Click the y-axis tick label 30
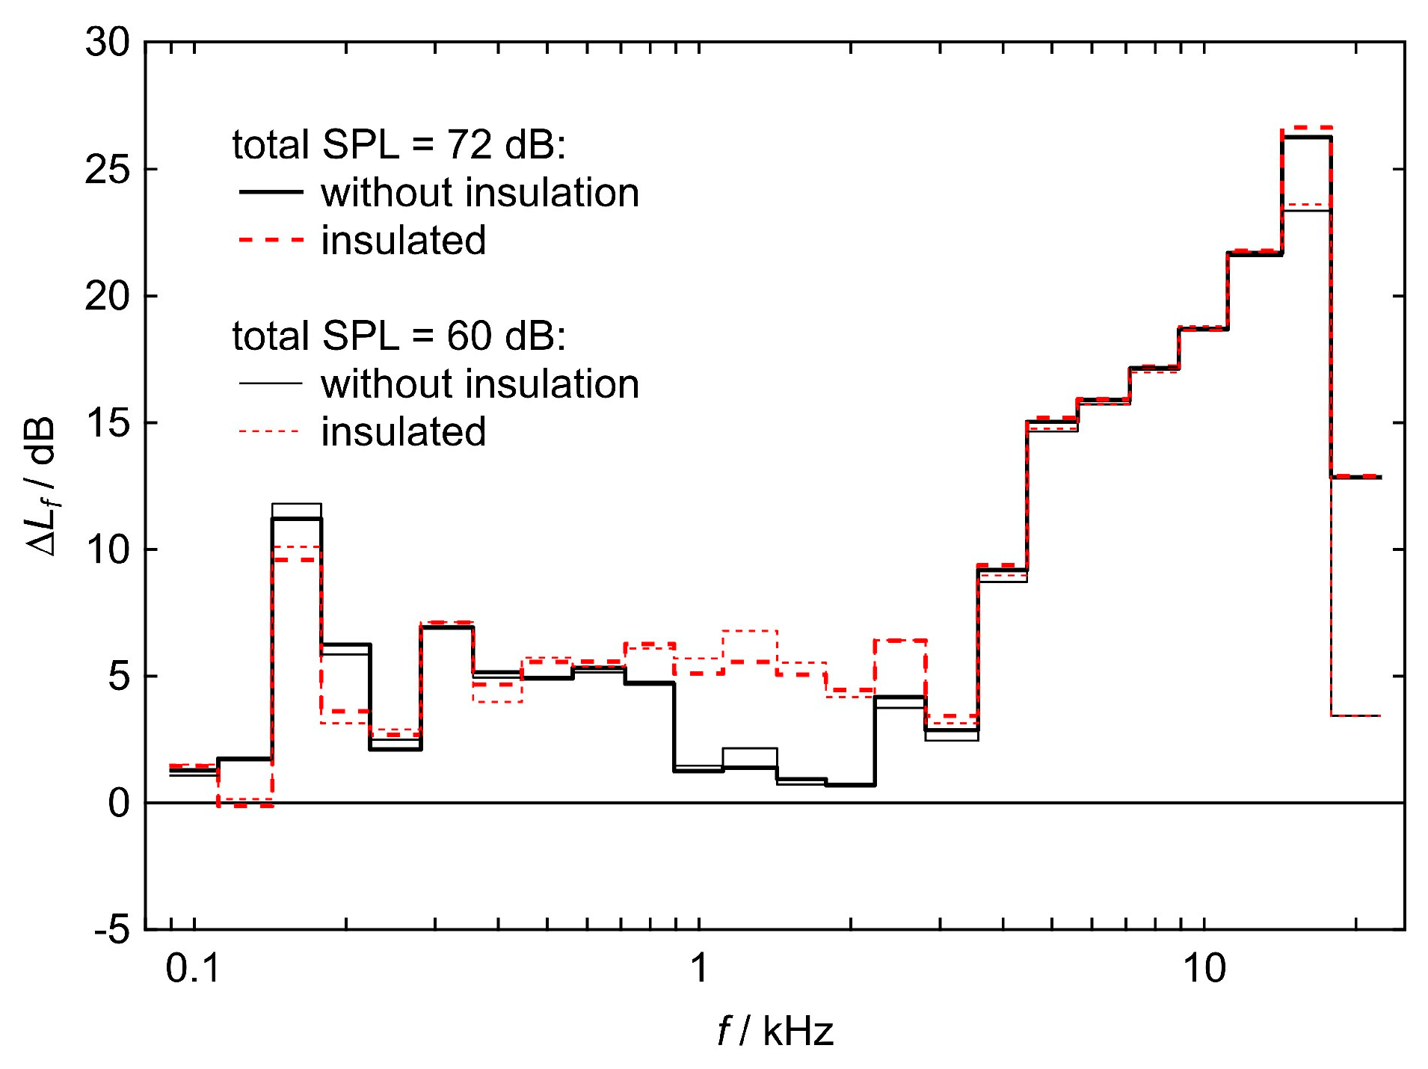click(107, 43)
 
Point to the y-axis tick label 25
click(107, 170)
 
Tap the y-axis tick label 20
click(107, 297)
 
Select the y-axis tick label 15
click(107, 423)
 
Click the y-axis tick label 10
click(107, 550)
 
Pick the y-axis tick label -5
click(112, 930)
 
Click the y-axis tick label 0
click(119, 804)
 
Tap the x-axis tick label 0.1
click(193, 969)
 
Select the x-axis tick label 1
click(698, 969)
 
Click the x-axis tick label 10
click(1204, 969)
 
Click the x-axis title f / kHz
click(775, 1032)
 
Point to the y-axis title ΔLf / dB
click(42, 486)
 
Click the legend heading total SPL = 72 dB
click(398, 144)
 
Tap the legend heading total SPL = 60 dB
click(398, 336)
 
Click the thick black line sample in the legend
click(271, 192)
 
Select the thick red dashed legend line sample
click(271, 240)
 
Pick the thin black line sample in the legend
click(271, 383)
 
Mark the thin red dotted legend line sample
click(271, 431)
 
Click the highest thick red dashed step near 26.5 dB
click(1307, 128)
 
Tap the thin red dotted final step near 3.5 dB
click(1355, 715)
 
